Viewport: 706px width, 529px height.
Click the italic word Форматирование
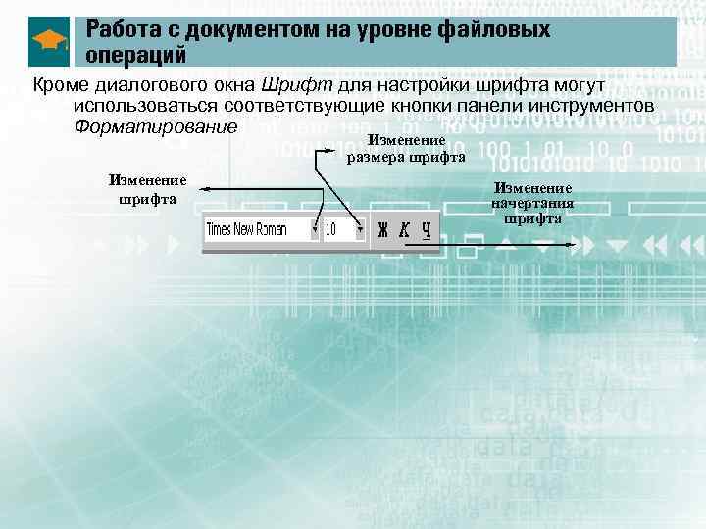click(156, 127)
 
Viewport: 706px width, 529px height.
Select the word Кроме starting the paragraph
click(60, 84)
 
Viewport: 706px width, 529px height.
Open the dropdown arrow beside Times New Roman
click(315, 230)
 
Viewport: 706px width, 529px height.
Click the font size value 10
click(334, 229)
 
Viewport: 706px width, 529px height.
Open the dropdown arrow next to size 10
click(360, 230)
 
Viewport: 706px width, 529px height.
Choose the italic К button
click(404, 229)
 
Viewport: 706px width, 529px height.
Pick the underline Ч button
click(427, 229)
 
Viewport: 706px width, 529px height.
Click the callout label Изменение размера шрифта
click(406, 150)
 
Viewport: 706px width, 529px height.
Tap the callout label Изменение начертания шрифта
click(533, 203)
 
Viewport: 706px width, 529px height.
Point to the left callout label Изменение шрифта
click(148, 189)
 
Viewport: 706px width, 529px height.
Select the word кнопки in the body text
click(464, 106)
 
